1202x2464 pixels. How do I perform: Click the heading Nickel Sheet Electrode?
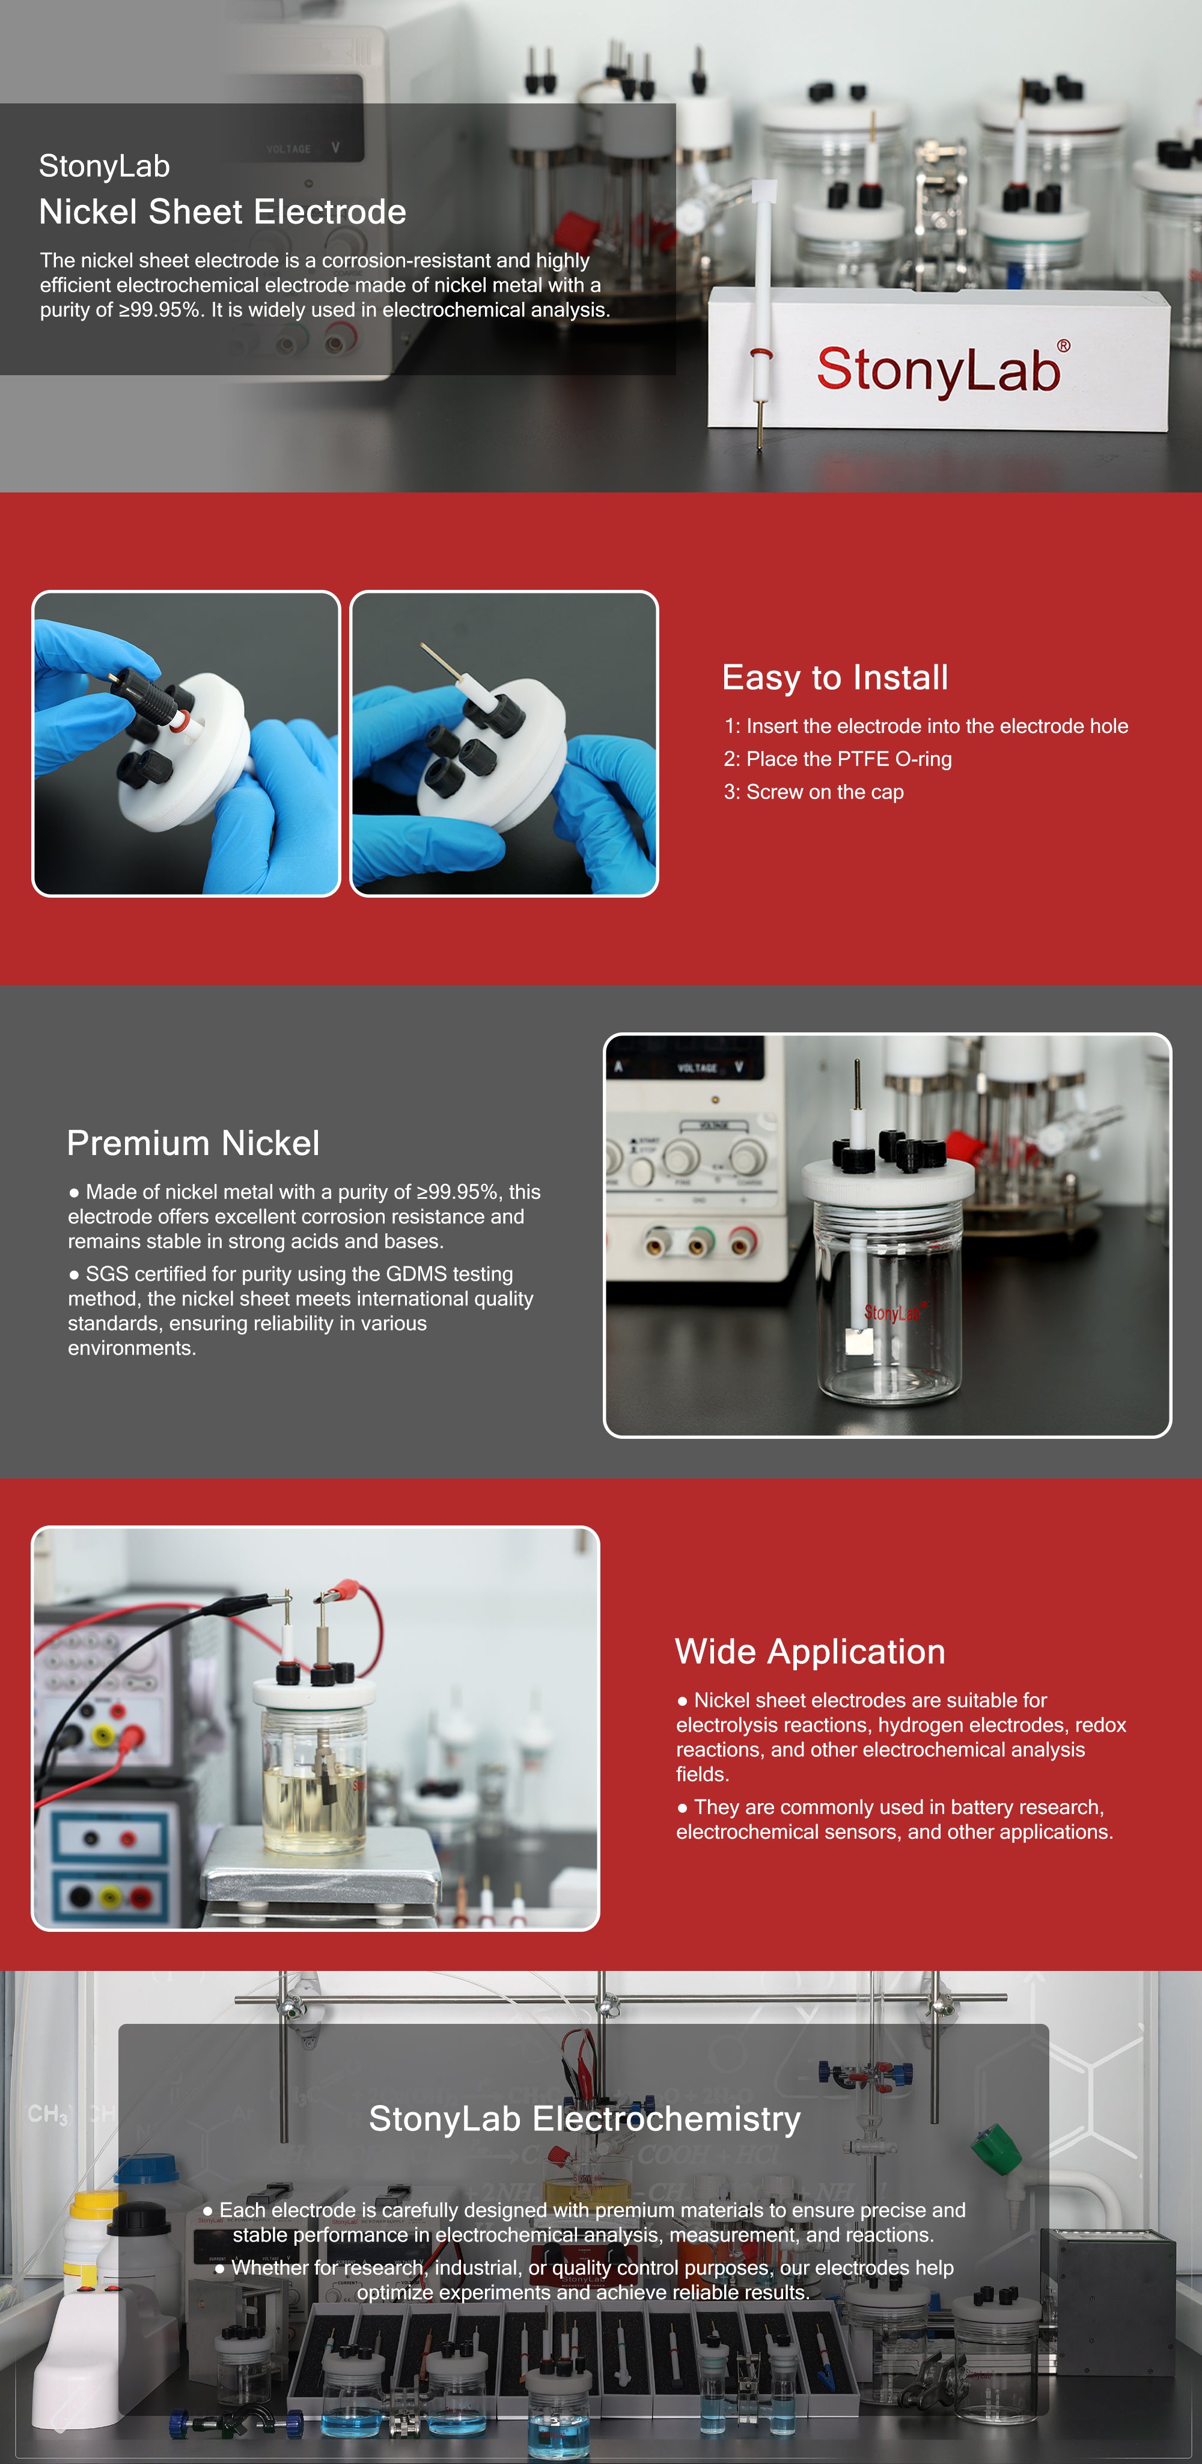click(223, 212)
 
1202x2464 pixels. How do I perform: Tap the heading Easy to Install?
click(835, 677)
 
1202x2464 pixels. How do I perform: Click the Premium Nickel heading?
click(193, 1143)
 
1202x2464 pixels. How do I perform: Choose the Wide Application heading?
click(810, 1652)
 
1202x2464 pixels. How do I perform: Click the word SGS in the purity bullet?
click(106, 1274)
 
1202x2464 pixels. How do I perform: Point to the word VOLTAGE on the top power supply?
click(288, 149)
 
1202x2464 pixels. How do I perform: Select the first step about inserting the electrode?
click(926, 726)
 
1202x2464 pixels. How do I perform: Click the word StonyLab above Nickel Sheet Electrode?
click(104, 167)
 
